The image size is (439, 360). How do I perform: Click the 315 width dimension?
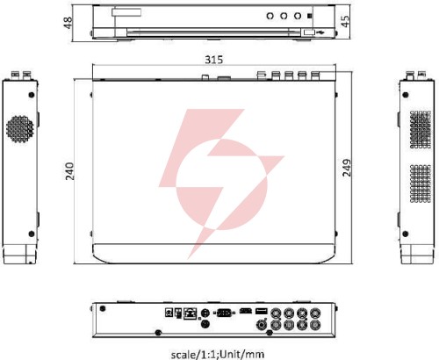coord(213,60)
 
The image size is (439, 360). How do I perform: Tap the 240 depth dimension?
coord(69,171)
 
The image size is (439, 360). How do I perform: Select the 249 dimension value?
coord(347,168)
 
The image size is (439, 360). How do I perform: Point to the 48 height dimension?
coord(68,23)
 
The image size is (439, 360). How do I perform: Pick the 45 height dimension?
coord(345,21)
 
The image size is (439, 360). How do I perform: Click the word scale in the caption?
coord(183,355)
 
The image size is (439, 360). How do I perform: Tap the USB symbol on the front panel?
coord(320,32)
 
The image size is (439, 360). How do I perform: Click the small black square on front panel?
coord(310,16)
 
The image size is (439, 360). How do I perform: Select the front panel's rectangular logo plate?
coord(126,12)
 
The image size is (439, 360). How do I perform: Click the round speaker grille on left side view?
coord(19,129)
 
